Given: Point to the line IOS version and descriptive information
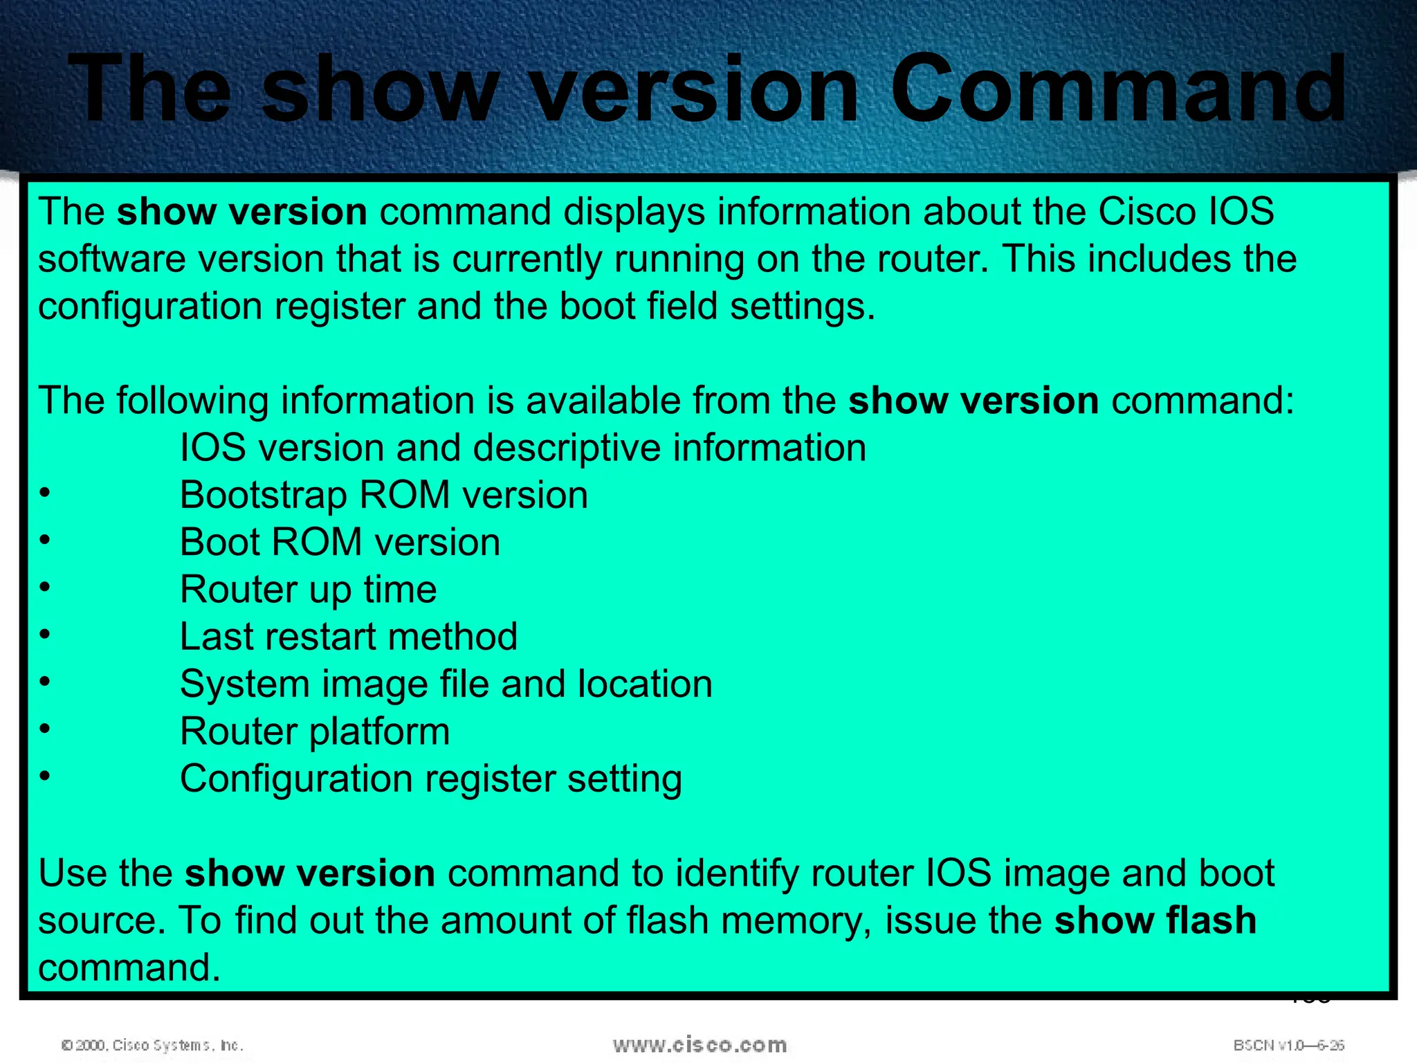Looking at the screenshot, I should (x=522, y=448).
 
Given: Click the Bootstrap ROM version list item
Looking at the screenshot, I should (x=383, y=496).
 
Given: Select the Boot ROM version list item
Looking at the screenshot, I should (x=340, y=543).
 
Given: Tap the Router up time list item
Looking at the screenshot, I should (x=308, y=590).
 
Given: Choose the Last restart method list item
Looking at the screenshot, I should (x=348, y=637).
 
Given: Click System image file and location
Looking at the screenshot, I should (x=446, y=684).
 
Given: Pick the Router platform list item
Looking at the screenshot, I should (x=315, y=732).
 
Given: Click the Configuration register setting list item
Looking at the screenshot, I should (x=430, y=779).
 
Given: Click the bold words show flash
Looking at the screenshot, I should (x=1155, y=920).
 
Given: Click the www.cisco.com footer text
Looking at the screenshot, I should (x=700, y=1044).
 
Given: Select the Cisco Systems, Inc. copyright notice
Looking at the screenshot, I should (x=152, y=1045).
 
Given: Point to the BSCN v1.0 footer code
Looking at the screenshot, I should (x=1288, y=1045).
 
